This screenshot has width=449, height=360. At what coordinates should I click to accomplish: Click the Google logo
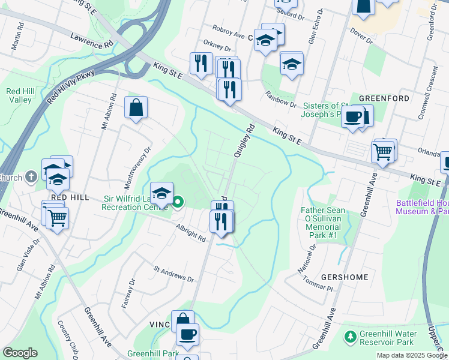(20, 353)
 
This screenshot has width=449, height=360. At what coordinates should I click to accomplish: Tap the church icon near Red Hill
(32, 177)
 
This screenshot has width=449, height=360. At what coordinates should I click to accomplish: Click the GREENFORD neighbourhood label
(384, 98)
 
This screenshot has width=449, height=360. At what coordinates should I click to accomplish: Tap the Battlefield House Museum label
(422, 207)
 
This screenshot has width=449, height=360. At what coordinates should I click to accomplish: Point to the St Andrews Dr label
(173, 274)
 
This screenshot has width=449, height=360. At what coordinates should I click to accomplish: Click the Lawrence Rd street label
(91, 41)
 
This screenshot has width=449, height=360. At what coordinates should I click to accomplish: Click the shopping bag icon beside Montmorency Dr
(136, 108)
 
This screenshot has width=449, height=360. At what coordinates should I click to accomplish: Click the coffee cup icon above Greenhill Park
(187, 334)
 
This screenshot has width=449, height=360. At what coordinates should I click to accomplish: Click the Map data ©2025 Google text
(412, 355)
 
